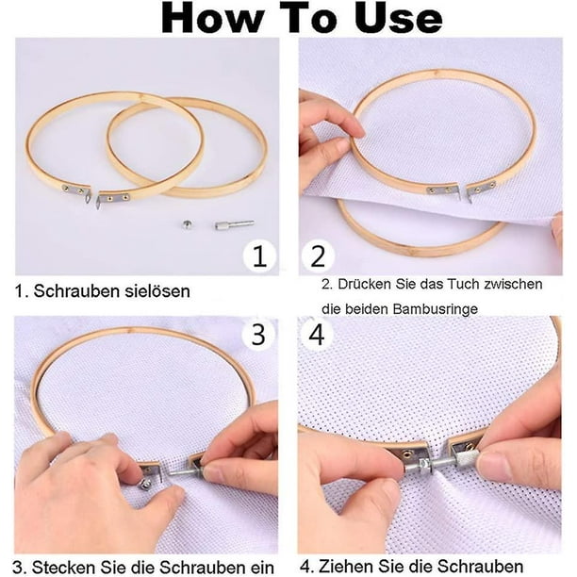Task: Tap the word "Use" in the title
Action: point(399,18)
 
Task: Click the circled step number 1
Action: point(259,256)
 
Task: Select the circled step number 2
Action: point(318,256)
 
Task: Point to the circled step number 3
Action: point(258,334)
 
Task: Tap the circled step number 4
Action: point(317,334)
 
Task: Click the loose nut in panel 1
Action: point(188,224)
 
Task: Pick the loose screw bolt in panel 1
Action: point(235,224)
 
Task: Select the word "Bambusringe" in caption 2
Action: point(436,309)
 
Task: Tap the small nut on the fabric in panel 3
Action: point(144,485)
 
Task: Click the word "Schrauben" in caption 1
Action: point(77,291)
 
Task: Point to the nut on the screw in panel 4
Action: point(425,465)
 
